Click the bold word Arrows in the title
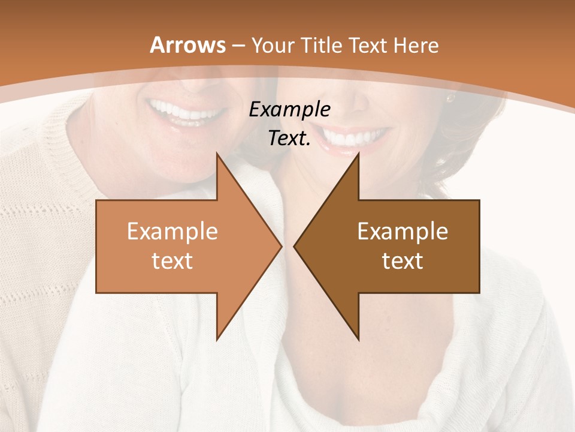click(x=187, y=45)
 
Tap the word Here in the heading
click(x=416, y=45)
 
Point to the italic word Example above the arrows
click(x=289, y=110)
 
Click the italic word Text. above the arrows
click(x=289, y=139)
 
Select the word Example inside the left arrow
click(x=172, y=232)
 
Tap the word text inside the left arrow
click(x=172, y=260)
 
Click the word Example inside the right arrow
click(x=402, y=232)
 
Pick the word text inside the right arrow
click(x=402, y=260)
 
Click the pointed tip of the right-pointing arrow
click(x=280, y=246)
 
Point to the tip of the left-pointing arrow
click(x=295, y=246)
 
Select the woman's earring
click(x=450, y=97)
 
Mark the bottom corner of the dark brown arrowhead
click(x=358, y=340)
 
